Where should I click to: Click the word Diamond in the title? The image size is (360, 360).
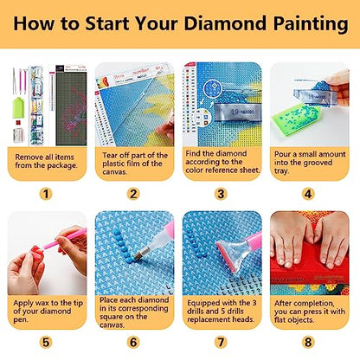[x=225, y=23]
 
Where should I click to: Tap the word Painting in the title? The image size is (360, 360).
[x=311, y=24]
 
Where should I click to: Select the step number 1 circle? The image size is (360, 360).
[x=46, y=194]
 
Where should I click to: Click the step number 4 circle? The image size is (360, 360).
[x=308, y=194]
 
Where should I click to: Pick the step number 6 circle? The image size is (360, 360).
[x=133, y=343]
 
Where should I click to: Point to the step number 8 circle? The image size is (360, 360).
[x=308, y=343]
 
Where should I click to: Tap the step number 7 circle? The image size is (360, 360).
[x=221, y=343]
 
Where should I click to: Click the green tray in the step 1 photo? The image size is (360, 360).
[x=18, y=107]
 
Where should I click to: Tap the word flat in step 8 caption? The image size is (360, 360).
[x=280, y=320]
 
